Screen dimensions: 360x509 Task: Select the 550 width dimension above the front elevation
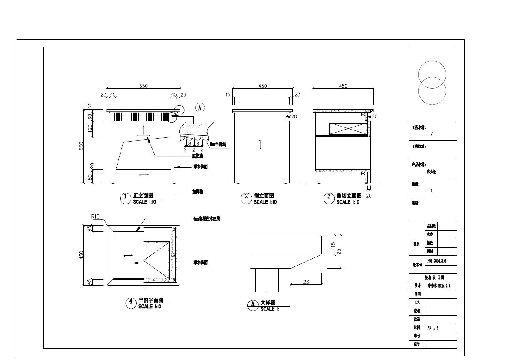[x=143, y=86]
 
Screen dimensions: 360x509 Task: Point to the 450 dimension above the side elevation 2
[x=262, y=86]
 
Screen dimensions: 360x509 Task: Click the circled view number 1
[x=125, y=197]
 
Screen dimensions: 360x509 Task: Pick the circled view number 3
[x=329, y=197]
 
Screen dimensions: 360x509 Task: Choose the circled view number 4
[x=130, y=302]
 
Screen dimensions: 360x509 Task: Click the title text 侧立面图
[x=264, y=195]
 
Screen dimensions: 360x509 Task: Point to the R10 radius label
[x=95, y=217]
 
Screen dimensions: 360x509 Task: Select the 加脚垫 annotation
[x=197, y=192]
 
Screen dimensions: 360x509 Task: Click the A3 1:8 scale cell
[x=433, y=328]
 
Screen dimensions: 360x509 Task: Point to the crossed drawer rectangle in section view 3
[x=348, y=128]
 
